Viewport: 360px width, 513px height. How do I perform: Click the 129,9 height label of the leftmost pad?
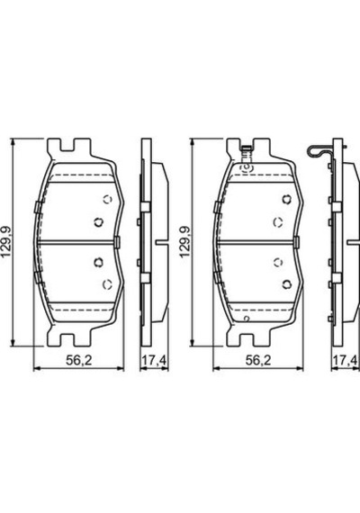pyautogui.click(x=7, y=241)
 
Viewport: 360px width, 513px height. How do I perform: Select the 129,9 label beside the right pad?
pyautogui.click(x=186, y=241)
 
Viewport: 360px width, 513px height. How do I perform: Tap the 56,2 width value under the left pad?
pyautogui.click(x=79, y=361)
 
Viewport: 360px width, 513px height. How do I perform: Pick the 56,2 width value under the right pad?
pyautogui.click(x=258, y=361)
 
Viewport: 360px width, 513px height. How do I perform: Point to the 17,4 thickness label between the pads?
pyautogui.click(x=154, y=361)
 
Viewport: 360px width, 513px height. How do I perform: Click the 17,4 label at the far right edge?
pyautogui.click(x=346, y=361)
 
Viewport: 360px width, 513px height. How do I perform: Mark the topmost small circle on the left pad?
pyautogui.click(x=107, y=199)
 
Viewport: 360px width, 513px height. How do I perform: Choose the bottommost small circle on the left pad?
pyautogui.click(x=107, y=284)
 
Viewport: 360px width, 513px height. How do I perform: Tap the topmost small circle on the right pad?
pyautogui.click(x=287, y=199)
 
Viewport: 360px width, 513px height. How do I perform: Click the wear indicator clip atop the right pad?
pyautogui.click(x=246, y=154)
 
